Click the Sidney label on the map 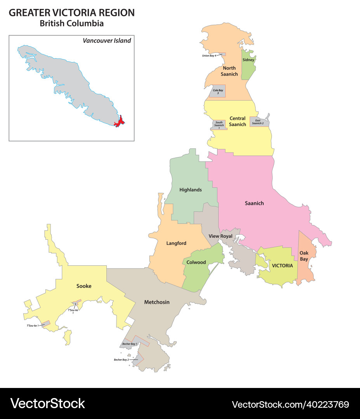248,60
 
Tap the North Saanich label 229,71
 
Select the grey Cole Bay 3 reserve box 218,92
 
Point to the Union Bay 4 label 209,55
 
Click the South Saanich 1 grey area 219,125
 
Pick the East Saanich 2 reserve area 258,122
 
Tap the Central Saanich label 237,121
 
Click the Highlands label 190,190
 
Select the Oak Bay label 304,256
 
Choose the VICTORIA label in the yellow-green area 282,266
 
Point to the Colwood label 196,262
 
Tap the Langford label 176,243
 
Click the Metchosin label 157,302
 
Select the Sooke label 84,286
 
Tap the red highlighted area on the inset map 120,121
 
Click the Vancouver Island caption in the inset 107,40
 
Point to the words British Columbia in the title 71,23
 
